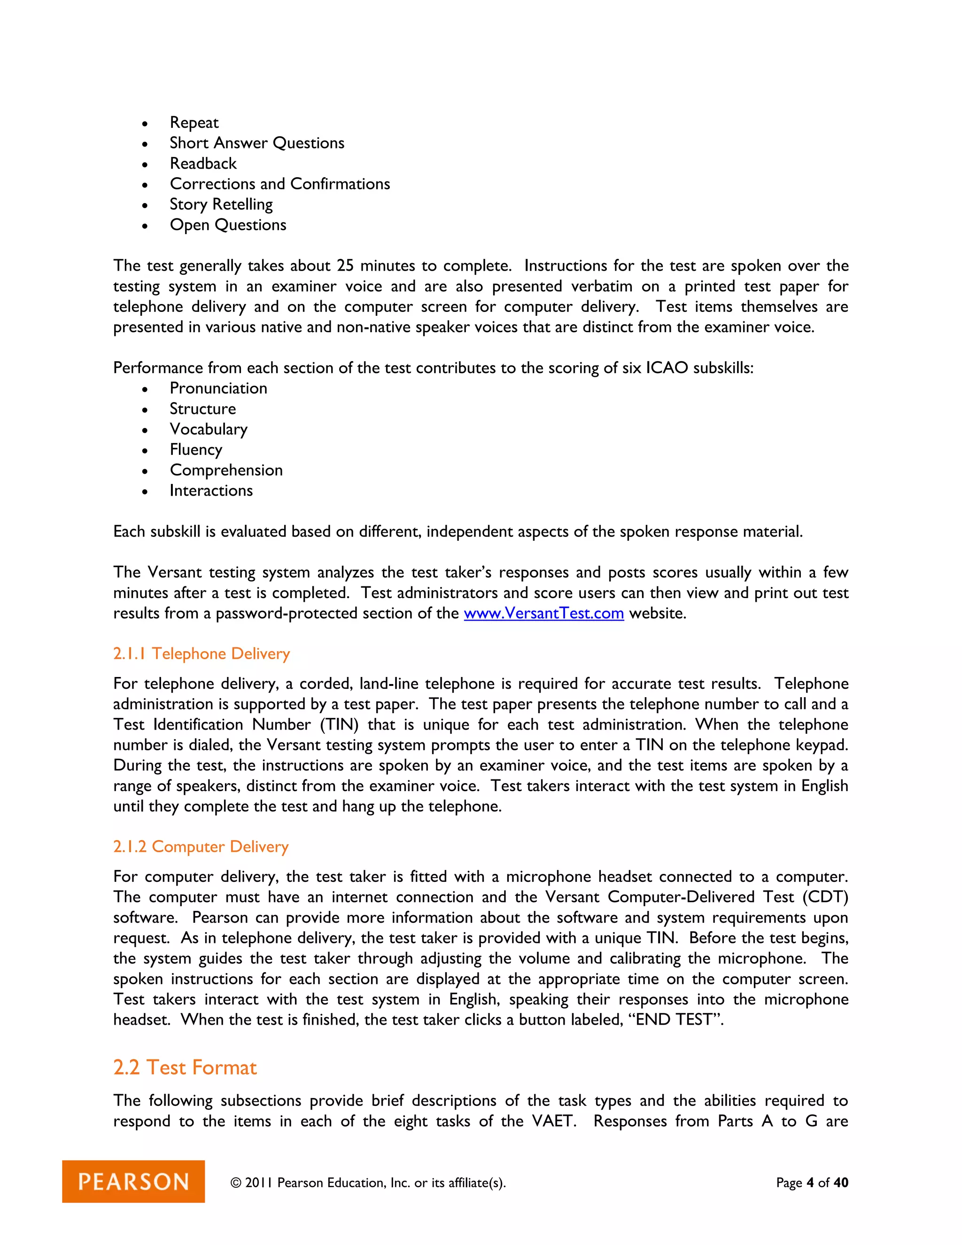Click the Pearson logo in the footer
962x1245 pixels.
point(133,1181)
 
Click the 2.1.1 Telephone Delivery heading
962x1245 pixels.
point(201,654)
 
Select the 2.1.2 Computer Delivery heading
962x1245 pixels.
point(201,847)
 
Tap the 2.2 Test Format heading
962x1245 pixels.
point(185,1067)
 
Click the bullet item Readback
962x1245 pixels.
point(203,163)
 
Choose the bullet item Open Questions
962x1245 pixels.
point(228,225)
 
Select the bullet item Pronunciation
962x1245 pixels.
point(218,388)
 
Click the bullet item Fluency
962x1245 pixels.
point(195,450)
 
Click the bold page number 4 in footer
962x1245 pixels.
point(810,1183)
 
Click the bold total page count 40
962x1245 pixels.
point(841,1183)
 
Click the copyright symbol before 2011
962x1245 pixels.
point(235,1183)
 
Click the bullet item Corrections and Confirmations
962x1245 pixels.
point(280,184)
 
